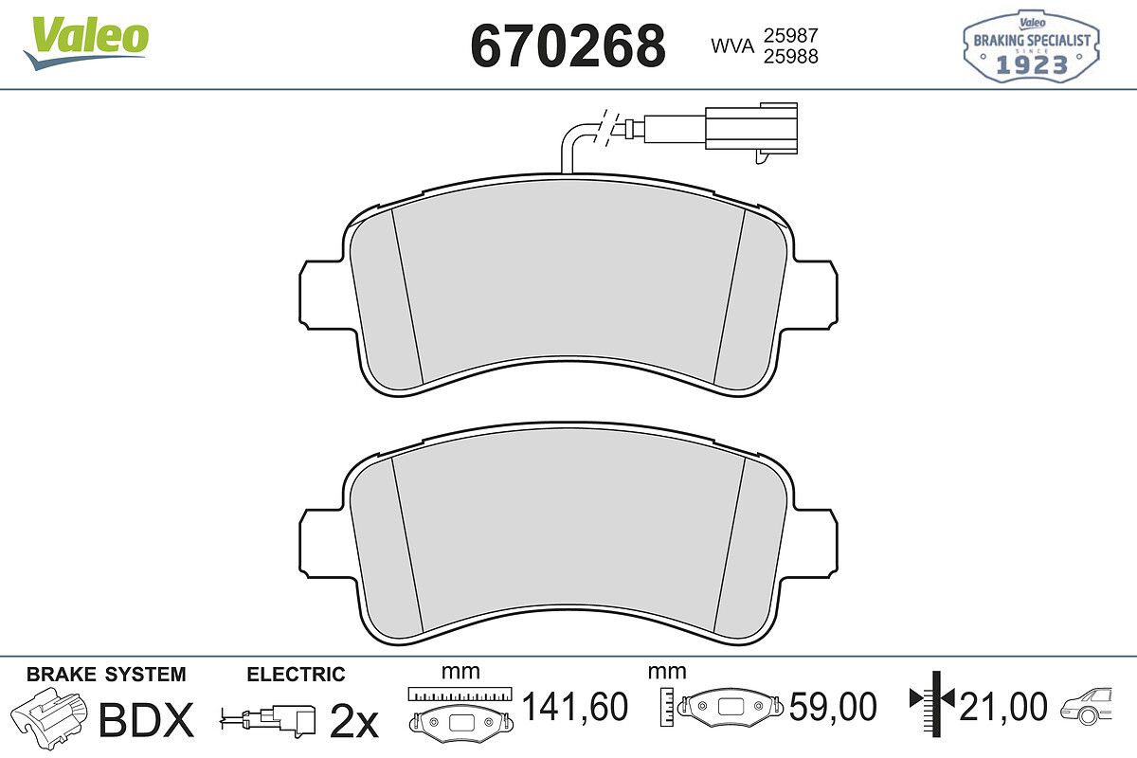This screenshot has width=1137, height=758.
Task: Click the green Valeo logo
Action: [x=86, y=42]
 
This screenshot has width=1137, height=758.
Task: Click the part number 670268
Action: [x=568, y=46]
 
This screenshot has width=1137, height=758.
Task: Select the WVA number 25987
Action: [x=791, y=36]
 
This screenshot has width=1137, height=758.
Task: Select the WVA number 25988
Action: [x=791, y=56]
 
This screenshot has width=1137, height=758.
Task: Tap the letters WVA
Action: [x=732, y=46]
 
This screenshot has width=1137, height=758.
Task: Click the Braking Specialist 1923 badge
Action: [x=1032, y=45]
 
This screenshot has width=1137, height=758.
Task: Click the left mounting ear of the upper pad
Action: [x=326, y=296]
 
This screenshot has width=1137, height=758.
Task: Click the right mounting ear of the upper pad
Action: [x=811, y=296]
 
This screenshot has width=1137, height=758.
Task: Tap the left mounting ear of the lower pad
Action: [x=326, y=544]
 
